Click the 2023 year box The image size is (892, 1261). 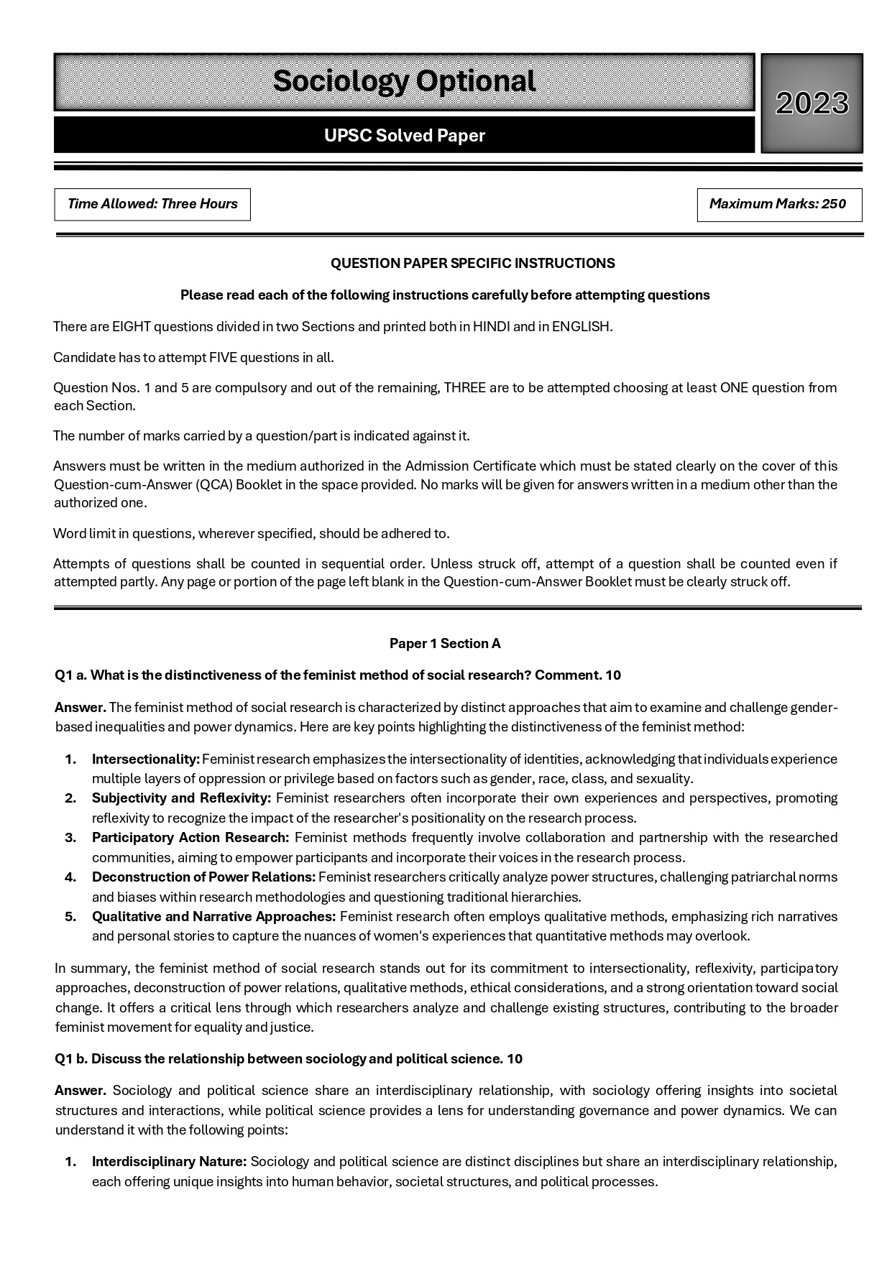tap(811, 103)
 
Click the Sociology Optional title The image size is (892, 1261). tap(404, 81)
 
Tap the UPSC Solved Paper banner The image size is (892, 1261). tap(404, 136)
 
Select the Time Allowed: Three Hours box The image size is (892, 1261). tap(152, 204)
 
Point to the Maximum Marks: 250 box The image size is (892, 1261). tap(778, 204)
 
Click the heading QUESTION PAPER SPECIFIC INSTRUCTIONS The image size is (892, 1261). tap(472, 264)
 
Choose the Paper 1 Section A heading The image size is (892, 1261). tap(445, 644)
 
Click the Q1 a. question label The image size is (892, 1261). tap(71, 675)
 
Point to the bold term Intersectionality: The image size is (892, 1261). tap(146, 759)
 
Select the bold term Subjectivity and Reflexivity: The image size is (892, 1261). tap(181, 798)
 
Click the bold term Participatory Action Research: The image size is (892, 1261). tap(190, 838)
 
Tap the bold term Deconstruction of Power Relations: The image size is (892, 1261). tap(203, 877)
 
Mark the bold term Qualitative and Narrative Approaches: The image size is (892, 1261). tap(213, 917)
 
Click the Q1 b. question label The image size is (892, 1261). tap(71, 1059)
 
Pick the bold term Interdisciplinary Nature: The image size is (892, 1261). tap(169, 1162)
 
